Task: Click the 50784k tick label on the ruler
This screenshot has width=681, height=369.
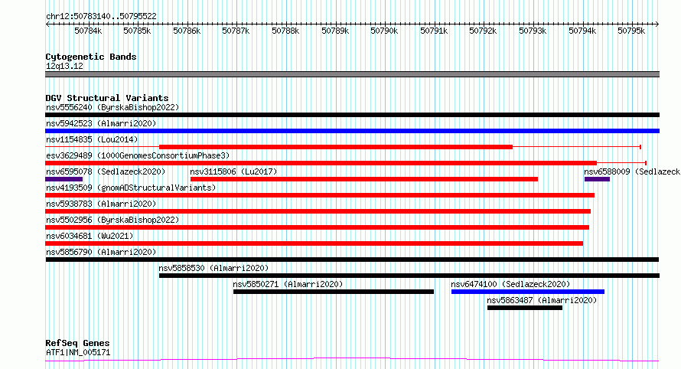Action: pyautogui.click(x=88, y=31)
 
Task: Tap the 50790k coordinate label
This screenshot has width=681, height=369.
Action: pyautogui.click(x=384, y=31)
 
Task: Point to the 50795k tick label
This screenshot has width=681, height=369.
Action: pyautogui.click(x=631, y=31)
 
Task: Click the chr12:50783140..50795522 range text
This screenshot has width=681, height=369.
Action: pyautogui.click(x=101, y=16)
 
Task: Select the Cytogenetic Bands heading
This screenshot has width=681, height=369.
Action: pyautogui.click(x=91, y=57)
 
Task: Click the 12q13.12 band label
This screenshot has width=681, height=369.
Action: pyautogui.click(x=64, y=66)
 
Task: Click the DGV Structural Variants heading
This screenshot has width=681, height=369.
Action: pyautogui.click(x=107, y=98)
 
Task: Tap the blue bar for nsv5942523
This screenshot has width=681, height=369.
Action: pyautogui.click(x=352, y=131)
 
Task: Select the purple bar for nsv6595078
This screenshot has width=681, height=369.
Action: pyautogui.click(x=64, y=179)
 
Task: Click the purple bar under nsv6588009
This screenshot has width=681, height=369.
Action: pyautogui.click(x=597, y=179)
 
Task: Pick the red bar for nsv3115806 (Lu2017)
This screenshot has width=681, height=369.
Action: pyautogui.click(x=364, y=179)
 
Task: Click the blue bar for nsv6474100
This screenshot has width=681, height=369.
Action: pyautogui.click(x=528, y=292)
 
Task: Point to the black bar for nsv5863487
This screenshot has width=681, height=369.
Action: pyautogui.click(x=525, y=308)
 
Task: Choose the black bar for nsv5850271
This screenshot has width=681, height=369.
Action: pyautogui.click(x=334, y=292)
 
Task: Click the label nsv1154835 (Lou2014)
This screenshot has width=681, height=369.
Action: pyautogui.click(x=92, y=139)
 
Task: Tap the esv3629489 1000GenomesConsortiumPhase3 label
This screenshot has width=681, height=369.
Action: pyautogui.click(x=138, y=155)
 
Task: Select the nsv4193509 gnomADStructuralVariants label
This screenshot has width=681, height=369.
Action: pyautogui.click(x=131, y=188)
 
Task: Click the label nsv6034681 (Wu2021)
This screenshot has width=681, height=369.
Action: pyautogui.click(x=90, y=236)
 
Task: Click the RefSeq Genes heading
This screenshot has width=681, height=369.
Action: pyautogui.click(x=77, y=343)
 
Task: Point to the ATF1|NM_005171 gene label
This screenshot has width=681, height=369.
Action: pyautogui.click(x=78, y=352)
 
